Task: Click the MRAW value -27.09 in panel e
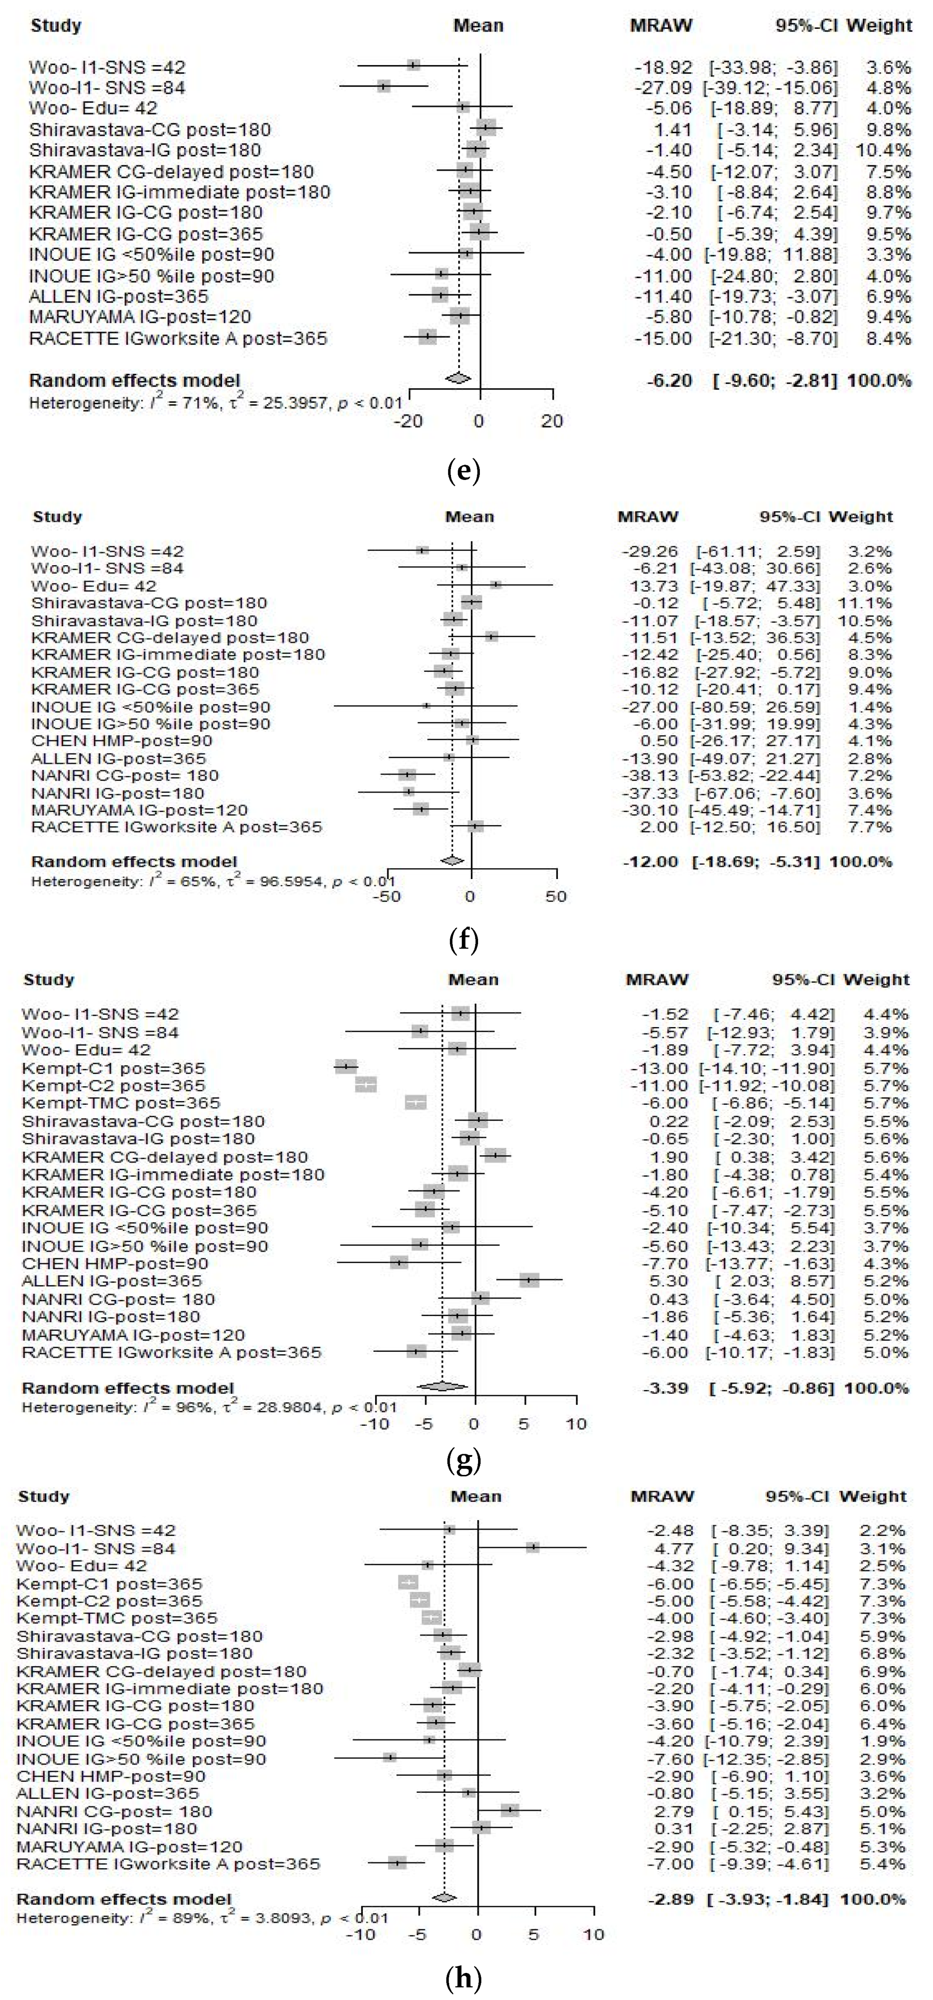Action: click(x=663, y=88)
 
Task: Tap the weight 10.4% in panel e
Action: click(x=883, y=150)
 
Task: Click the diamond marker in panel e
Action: click(x=458, y=378)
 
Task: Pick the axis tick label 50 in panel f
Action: click(x=556, y=896)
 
